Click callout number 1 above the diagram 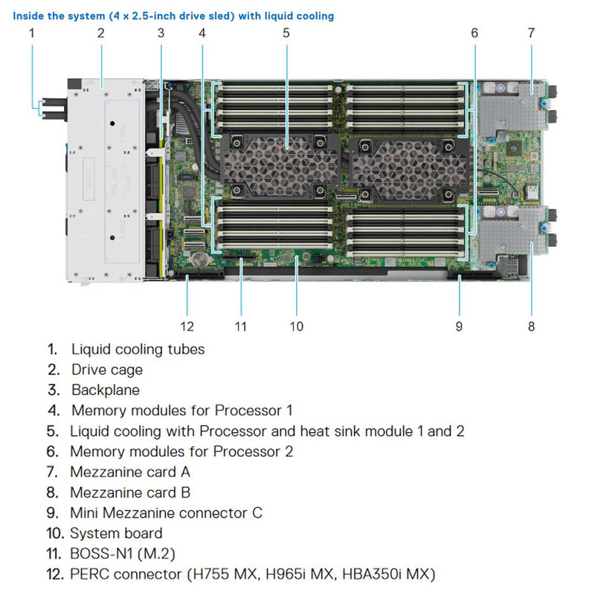pyautogui.click(x=31, y=32)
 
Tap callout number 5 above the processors pyautogui.click(x=286, y=32)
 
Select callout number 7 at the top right pyautogui.click(x=531, y=32)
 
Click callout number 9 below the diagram pyautogui.click(x=459, y=326)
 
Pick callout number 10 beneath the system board pyautogui.click(x=296, y=326)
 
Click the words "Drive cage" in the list pyautogui.click(x=107, y=370)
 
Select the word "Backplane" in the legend pyautogui.click(x=105, y=390)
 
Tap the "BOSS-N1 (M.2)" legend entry pyautogui.click(x=123, y=553)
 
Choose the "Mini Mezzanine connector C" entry pyautogui.click(x=166, y=512)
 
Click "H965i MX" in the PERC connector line pyautogui.click(x=303, y=574)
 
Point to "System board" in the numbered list pyautogui.click(x=116, y=533)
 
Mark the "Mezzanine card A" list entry pyautogui.click(x=130, y=472)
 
